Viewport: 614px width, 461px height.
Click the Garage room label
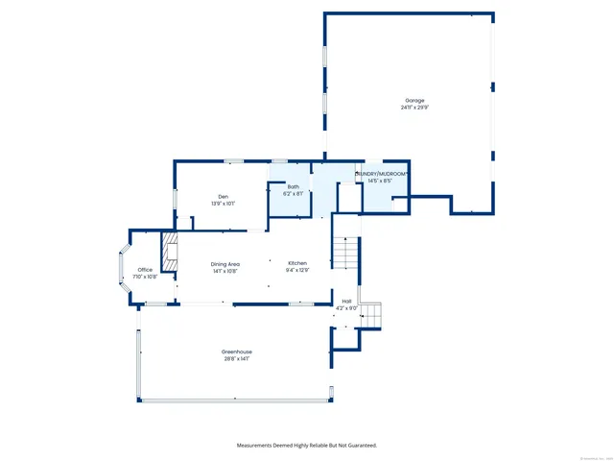[x=413, y=101]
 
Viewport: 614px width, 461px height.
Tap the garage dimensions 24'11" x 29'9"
[x=413, y=108]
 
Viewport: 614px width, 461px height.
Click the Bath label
[x=293, y=187]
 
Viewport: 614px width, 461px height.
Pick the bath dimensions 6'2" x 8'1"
[x=293, y=194]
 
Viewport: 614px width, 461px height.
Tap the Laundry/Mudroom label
[x=383, y=174]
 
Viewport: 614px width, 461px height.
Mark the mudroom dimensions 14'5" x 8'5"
[x=381, y=181]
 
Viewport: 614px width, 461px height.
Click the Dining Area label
[x=226, y=264]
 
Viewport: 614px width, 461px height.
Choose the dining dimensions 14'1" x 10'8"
[x=226, y=271]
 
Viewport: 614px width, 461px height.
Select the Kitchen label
[x=297, y=263]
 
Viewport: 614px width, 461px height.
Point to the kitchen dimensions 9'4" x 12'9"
[x=297, y=270]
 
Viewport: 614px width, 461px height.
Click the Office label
[x=145, y=270]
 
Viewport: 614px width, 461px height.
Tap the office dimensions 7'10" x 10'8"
[x=145, y=277]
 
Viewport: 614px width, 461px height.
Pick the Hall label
[x=346, y=302]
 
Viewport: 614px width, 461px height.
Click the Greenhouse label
[x=237, y=352]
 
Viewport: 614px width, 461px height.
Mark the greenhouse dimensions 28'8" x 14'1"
[x=237, y=359]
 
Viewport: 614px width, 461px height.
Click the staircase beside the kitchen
[x=344, y=254]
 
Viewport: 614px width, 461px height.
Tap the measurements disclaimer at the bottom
[x=307, y=446]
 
